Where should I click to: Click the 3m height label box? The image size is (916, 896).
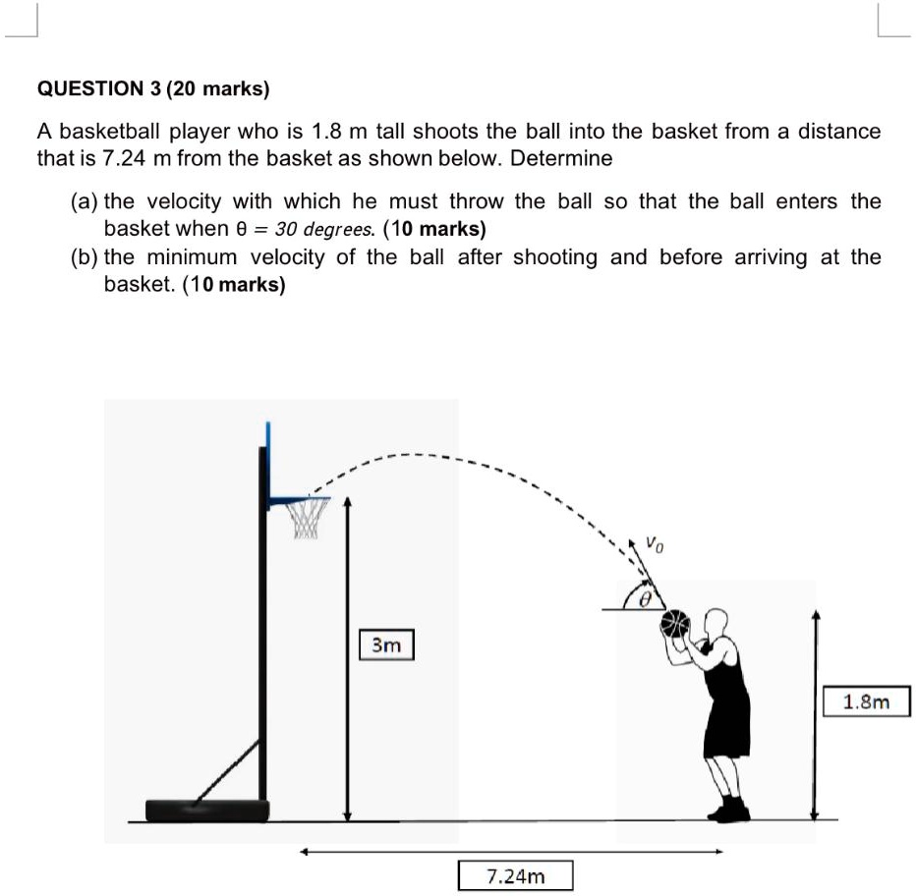point(386,645)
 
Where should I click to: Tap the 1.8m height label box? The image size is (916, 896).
point(866,701)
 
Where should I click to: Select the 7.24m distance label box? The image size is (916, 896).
point(515,874)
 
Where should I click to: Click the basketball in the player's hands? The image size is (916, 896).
point(675,625)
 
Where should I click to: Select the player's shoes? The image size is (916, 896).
point(729,810)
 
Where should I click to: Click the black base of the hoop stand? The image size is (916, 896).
point(207,810)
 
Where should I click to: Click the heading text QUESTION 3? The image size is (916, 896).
point(98,88)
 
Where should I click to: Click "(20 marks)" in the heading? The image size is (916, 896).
point(218,88)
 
